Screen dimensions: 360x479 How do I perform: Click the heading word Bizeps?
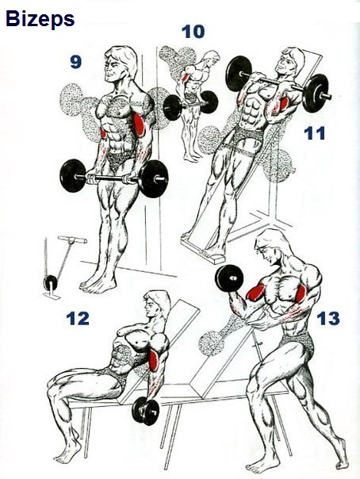click(x=40, y=19)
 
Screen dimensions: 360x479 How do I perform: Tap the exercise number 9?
click(x=75, y=62)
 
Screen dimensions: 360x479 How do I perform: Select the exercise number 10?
click(x=193, y=32)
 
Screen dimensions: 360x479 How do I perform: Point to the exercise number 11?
click(x=315, y=133)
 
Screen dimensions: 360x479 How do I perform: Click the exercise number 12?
click(x=78, y=318)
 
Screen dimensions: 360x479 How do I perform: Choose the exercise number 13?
click(x=328, y=318)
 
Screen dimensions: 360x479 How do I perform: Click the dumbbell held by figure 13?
click(x=229, y=279)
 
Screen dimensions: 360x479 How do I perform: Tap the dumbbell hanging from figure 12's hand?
click(x=146, y=411)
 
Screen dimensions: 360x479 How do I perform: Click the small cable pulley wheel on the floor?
click(x=51, y=283)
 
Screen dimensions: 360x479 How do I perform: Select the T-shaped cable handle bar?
click(x=72, y=239)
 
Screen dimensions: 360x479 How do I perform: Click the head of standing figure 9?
click(x=120, y=63)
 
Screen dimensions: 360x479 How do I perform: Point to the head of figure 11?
click(x=290, y=61)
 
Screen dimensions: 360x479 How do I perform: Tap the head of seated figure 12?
click(x=156, y=305)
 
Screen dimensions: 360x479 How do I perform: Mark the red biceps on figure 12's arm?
click(x=153, y=361)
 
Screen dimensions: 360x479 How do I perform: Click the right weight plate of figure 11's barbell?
click(x=316, y=92)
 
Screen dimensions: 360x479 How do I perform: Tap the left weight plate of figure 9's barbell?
click(x=72, y=175)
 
